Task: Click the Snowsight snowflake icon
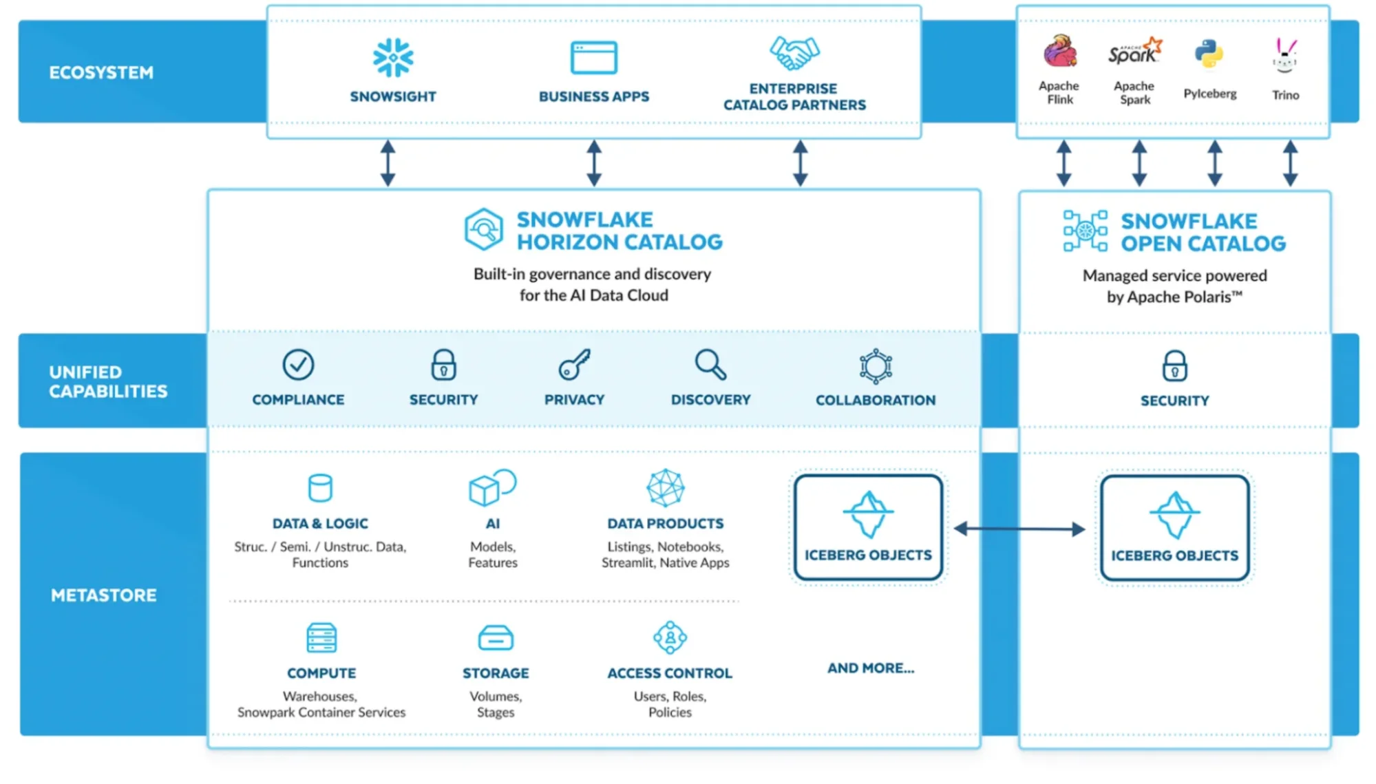pyautogui.click(x=393, y=57)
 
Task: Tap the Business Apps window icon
pyautogui.click(x=593, y=57)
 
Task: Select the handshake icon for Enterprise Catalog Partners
pyautogui.click(x=794, y=53)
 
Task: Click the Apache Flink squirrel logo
pyautogui.click(x=1059, y=52)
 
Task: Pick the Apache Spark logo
pyautogui.click(x=1134, y=52)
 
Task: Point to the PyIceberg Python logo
pyautogui.click(x=1209, y=54)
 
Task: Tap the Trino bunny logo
pyautogui.click(x=1284, y=56)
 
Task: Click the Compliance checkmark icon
pyautogui.click(x=298, y=365)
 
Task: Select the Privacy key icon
pyautogui.click(x=574, y=364)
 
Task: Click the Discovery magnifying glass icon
pyautogui.click(x=710, y=365)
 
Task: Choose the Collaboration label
pyautogui.click(x=875, y=401)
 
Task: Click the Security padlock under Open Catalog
pyautogui.click(x=1174, y=365)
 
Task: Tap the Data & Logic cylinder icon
pyautogui.click(x=320, y=488)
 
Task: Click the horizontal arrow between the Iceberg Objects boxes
pyautogui.click(x=1019, y=529)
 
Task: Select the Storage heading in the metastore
pyautogui.click(x=496, y=673)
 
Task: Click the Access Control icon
pyautogui.click(x=670, y=637)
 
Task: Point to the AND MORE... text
pyautogui.click(x=871, y=668)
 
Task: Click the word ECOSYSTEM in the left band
pyautogui.click(x=101, y=73)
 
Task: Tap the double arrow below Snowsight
pyautogui.click(x=388, y=163)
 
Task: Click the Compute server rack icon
pyautogui.click(x=321, y=637)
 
